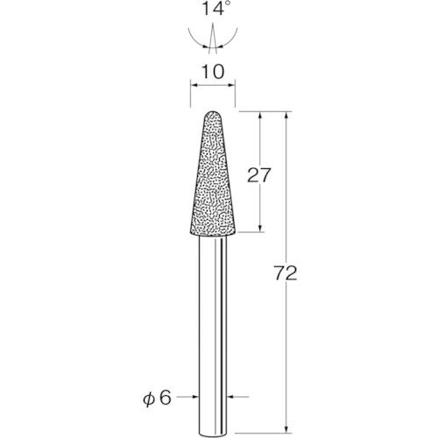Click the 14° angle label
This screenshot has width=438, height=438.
[213, 8]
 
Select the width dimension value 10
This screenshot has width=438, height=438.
[213, 72]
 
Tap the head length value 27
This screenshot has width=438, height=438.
[259, 175]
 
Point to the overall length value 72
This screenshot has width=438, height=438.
[286, 273]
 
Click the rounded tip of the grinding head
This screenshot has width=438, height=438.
[213, 112]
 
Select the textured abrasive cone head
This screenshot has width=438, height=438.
[213, 173]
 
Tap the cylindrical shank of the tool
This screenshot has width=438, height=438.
[213, 336]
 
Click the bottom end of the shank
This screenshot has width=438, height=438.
[213, 436]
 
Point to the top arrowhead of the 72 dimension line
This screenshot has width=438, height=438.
[286, 116]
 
